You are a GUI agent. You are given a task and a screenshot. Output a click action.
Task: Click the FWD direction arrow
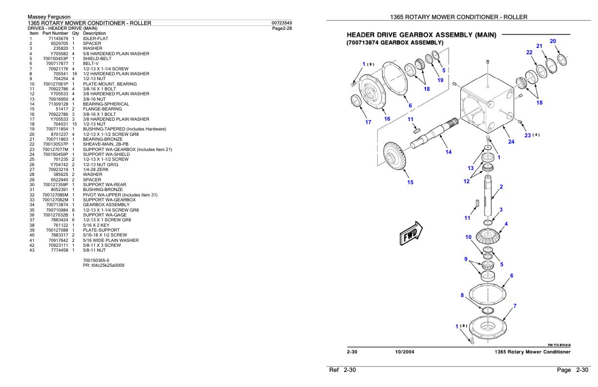click(410, 232)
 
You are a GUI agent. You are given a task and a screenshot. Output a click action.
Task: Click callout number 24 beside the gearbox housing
click(511, 142)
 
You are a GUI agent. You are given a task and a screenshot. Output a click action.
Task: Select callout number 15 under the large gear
click(410, 182)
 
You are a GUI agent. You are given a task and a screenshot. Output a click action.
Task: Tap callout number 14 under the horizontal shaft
click(448, 152)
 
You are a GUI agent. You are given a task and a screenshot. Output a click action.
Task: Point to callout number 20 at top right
click(553, 41)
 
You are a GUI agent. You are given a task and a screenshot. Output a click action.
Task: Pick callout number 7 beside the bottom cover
click(514, 306)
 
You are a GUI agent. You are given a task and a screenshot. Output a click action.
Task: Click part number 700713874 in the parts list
click(56, 205)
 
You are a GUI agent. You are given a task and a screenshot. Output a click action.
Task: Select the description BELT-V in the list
click(93, 63)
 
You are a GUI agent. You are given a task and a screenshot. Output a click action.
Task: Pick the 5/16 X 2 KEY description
click(98, 225)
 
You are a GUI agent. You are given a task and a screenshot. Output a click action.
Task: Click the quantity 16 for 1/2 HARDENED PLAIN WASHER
click(74, 73)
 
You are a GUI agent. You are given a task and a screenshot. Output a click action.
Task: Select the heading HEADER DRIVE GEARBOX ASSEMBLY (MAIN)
click(421, 35)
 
